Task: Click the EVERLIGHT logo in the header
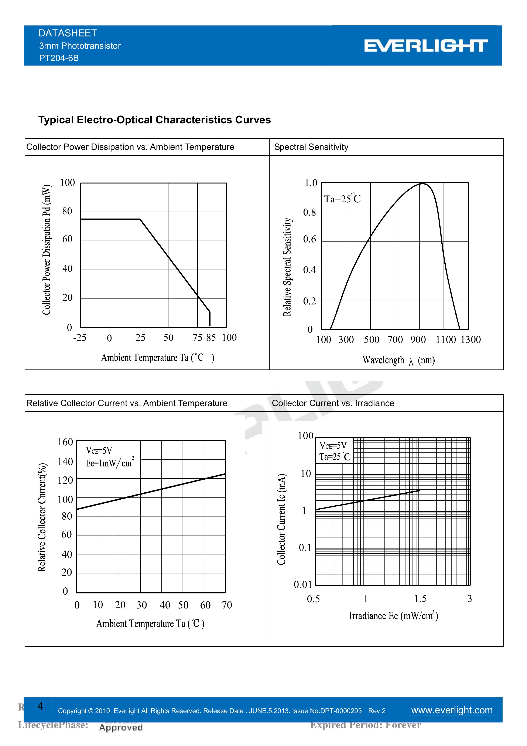click(x=426, y=46)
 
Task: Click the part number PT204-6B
click(x=59, y=58)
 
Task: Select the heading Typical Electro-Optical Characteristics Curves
click(x=155, y=120)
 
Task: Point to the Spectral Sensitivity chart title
click(x=311, y=147)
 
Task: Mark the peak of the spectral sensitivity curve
click(x=423, y=184)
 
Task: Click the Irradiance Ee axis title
click(x=393, y=616)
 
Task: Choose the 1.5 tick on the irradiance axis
click(x=420, y=598)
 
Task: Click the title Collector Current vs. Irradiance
click(x=333, y=403)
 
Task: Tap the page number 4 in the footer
click(x=40, y=706)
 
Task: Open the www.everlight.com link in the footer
click(x=452, y=710)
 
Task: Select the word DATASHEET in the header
click(x=68, y=33)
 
